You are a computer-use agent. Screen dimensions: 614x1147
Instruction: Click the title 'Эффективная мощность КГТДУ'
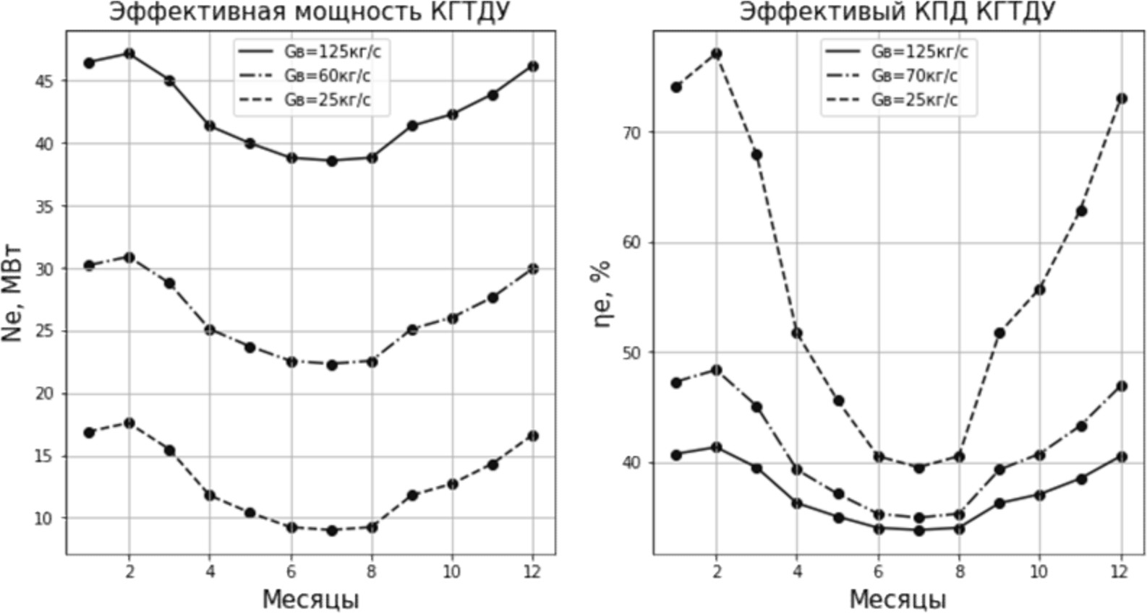310,12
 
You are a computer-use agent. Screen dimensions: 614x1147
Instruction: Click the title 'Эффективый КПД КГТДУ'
897,12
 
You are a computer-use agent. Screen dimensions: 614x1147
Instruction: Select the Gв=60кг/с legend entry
327,76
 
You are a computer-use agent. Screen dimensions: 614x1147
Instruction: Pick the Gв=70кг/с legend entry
914,76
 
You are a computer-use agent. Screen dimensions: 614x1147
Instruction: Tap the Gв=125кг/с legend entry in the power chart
332,52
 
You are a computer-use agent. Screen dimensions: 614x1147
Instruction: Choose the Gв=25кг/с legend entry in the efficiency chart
914,100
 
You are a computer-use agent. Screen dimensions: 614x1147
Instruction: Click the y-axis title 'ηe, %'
602,293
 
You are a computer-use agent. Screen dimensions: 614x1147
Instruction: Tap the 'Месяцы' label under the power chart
310,600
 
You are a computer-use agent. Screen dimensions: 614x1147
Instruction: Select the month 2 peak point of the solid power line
129,53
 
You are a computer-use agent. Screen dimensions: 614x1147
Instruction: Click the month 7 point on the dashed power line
332,530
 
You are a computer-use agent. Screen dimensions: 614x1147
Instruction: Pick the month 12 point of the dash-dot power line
533,269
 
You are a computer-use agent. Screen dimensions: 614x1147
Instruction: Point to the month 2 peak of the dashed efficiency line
717,53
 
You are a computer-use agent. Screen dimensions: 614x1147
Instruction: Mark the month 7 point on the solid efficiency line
919,530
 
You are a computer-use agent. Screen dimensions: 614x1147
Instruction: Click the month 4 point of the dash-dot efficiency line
797,470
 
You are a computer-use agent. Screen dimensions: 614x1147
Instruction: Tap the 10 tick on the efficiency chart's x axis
1039,571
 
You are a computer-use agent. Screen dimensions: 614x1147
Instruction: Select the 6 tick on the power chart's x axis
291,571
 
